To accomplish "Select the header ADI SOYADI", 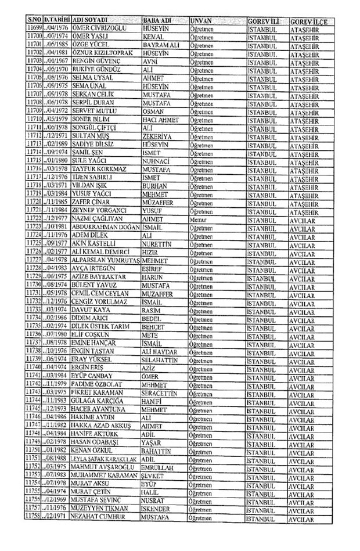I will click(95, 20).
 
